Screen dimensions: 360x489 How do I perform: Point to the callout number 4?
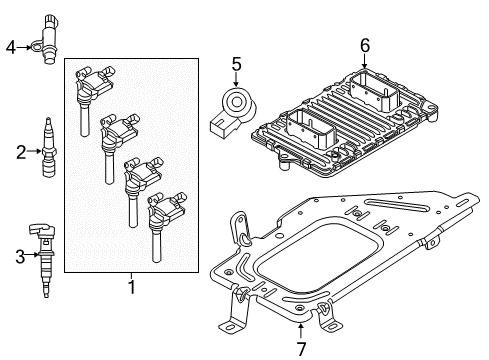click(11, 46)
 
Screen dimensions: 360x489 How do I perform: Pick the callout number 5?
click(236, 65)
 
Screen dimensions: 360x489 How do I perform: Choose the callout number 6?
click(364, 45)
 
